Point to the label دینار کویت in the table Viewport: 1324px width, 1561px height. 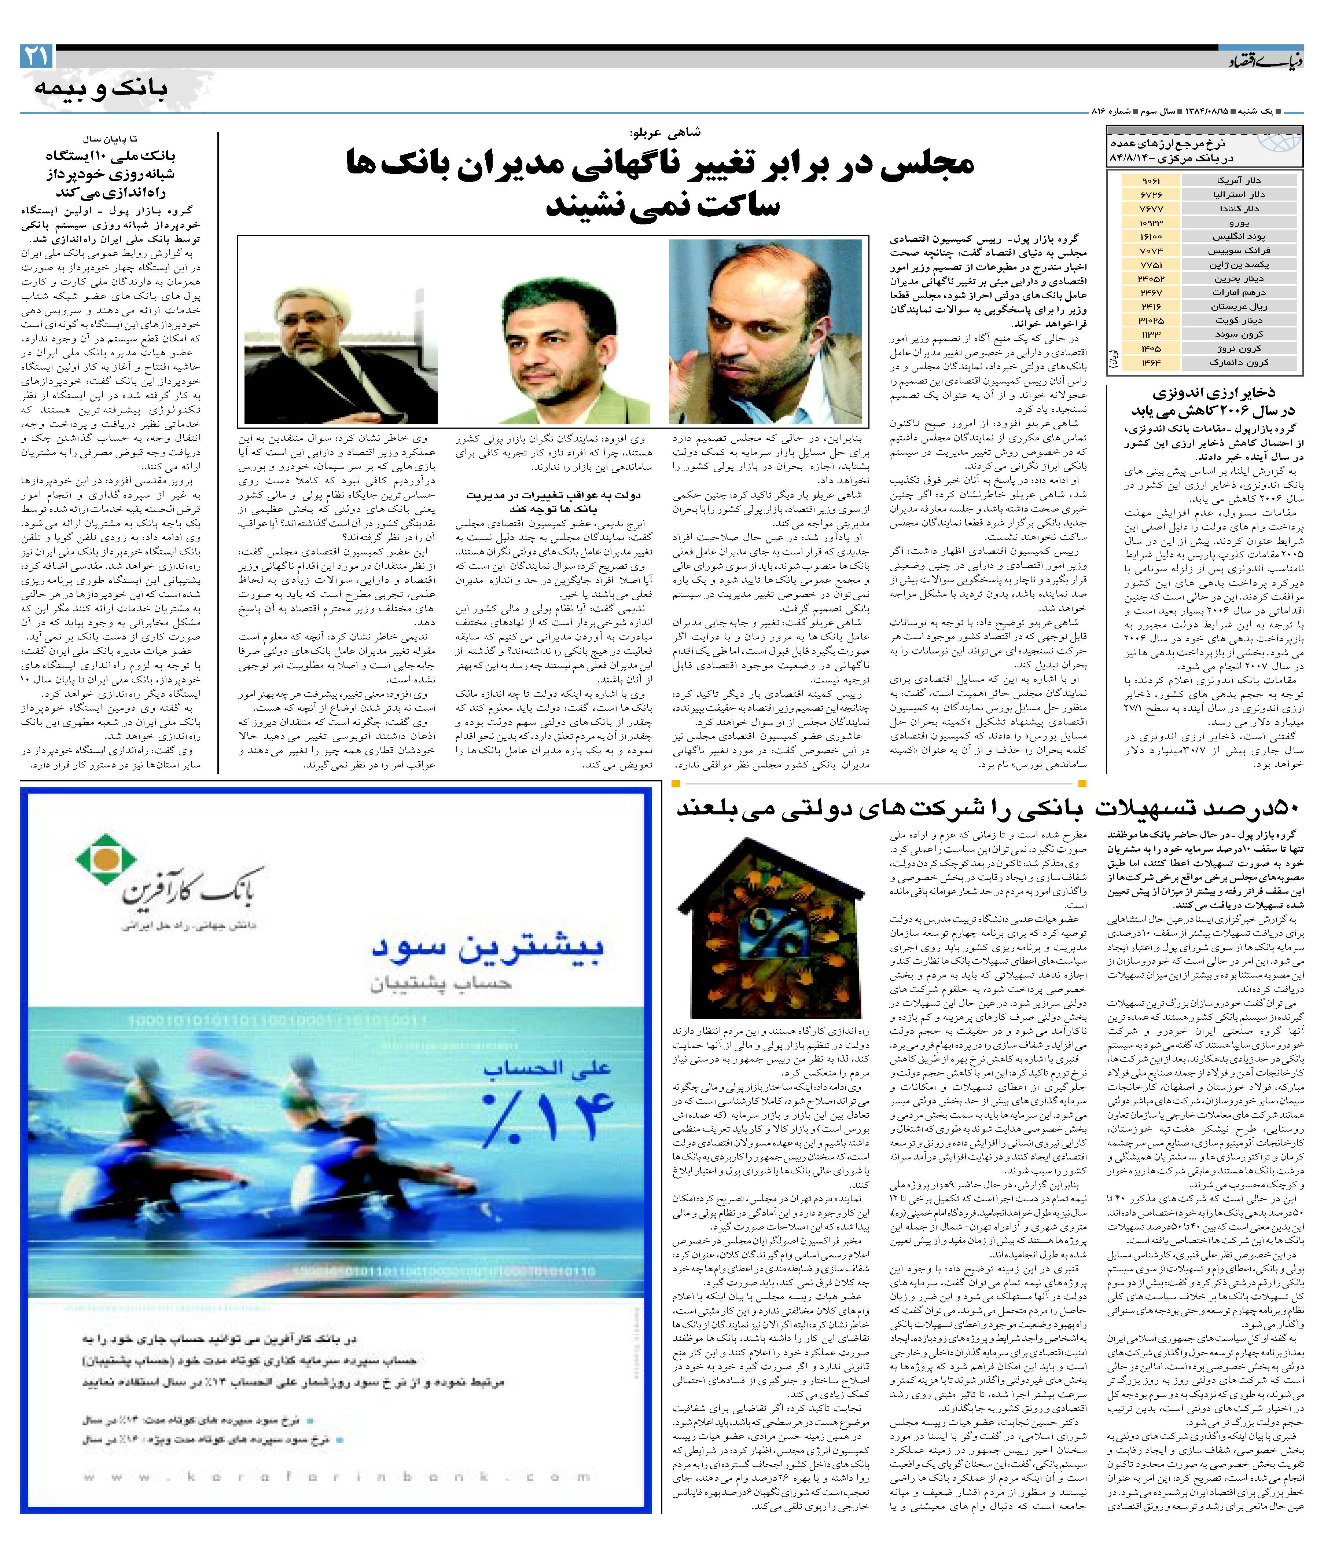coord(1239,320)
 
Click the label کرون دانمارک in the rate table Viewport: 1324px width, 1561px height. coord(1239,363)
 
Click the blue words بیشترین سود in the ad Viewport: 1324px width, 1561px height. coord(488,948)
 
